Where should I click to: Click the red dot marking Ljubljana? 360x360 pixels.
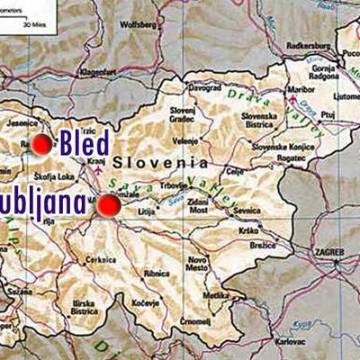(x=109, y=206)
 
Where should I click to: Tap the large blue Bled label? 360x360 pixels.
(x=85, y=143)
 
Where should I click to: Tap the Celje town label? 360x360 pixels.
(x=236, y=171)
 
